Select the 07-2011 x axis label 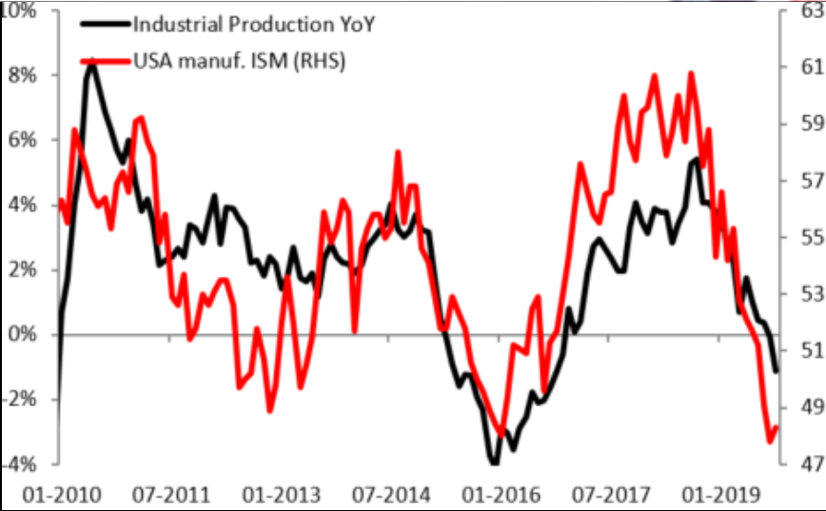coord(164,493)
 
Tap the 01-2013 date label coord(273,493)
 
